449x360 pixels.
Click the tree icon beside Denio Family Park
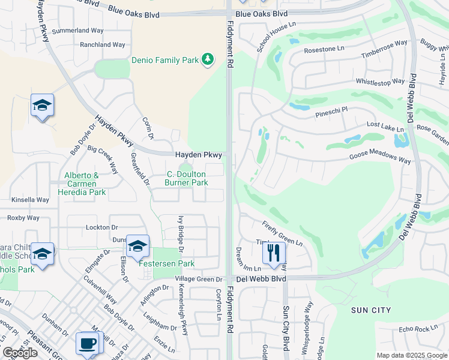click(x=207, y=59)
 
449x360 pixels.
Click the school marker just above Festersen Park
click(x=137, y=246)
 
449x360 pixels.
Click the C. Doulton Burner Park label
click(x=187, y=178)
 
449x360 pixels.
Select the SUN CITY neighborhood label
click(x=370, y=310)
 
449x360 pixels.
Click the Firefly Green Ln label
click(x=282, y=233)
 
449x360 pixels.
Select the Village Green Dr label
click(x=199, y=280)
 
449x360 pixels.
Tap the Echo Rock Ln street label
click(x=418, y=329)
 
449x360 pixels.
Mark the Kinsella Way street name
click(x=30, y=199)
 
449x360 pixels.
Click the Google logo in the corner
click(x=20, y=353)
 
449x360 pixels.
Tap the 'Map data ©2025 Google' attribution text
click(x=411, y=355)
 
